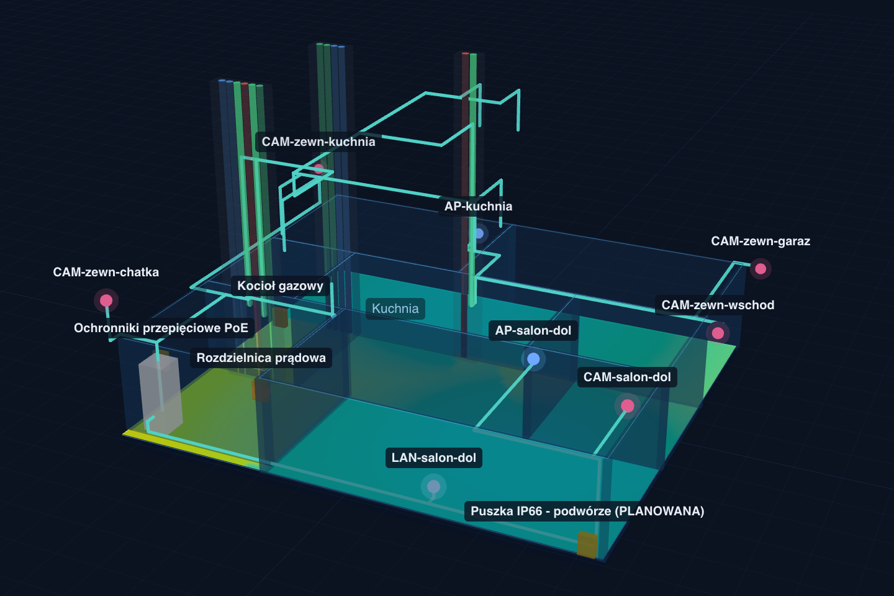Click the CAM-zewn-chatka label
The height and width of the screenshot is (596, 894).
[106, 273]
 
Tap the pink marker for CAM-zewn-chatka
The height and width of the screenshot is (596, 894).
[106, 300]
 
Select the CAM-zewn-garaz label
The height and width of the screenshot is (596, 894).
[761, 241]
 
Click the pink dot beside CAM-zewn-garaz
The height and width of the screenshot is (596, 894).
[761, 269]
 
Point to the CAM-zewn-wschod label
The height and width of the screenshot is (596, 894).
[718, 305]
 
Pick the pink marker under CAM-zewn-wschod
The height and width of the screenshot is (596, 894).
[718, 333]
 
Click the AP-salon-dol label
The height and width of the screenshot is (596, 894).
[533, 330]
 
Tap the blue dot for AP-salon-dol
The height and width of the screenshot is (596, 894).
[533, 359]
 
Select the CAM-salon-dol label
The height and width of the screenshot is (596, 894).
[627, 377]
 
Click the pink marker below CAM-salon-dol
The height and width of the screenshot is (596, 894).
[628, 406]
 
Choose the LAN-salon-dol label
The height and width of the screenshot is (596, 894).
[434, 458]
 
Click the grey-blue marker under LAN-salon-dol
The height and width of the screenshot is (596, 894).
[433, 486]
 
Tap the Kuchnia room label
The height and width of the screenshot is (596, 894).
[395, 309]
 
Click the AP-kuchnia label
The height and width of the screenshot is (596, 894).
[478, 206]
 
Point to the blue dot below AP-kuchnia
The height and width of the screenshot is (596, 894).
[478, 233]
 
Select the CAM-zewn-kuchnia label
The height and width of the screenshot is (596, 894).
[318, 142]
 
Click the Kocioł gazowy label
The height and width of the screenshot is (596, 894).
[280, 286]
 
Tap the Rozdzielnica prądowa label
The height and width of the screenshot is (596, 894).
[261, 358]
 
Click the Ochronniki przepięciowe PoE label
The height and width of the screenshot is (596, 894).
[161, 328]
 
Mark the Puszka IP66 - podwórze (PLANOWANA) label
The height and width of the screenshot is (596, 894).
[587, 511]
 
